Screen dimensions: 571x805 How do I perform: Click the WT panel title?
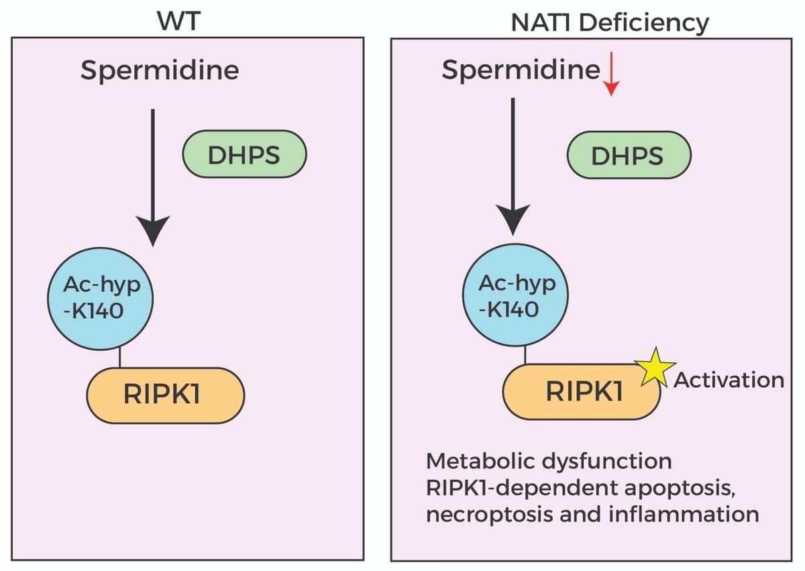[178, 21]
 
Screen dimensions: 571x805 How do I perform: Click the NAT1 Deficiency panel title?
[609, 23]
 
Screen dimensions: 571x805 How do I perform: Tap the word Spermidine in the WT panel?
[160, 70]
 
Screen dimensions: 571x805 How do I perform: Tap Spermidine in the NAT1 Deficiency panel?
[521, 70]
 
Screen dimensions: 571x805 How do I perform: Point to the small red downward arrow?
[611, 79]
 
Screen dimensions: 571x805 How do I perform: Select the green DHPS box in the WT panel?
[244, 154]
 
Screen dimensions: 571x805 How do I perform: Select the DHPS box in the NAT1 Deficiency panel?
[628, 155]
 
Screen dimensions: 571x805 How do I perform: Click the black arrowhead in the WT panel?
[153, 230]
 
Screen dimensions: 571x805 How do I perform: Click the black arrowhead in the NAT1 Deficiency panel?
[513, 217]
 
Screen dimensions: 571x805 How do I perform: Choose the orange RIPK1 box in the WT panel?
[165, 395]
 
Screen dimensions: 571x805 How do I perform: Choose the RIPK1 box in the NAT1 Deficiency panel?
[582, 391]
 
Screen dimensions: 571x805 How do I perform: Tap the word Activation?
[729, 380]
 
